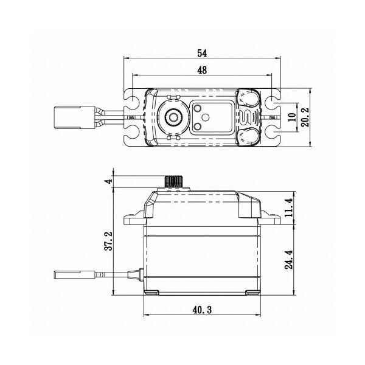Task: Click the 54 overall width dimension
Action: coord(201,53)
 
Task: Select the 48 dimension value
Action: coord(201,71)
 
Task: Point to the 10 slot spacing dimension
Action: coord(292,117)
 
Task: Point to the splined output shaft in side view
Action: coord(175,182)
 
